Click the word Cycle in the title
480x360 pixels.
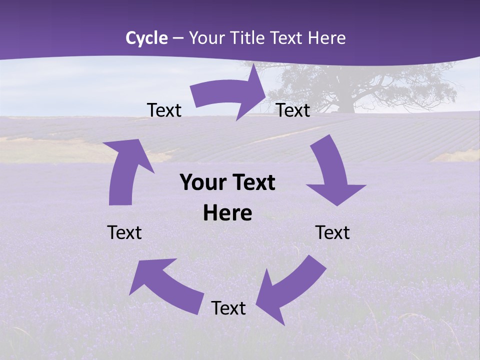click(146, 38)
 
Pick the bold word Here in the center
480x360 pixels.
click(227, 213)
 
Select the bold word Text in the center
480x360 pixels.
click(253, 183)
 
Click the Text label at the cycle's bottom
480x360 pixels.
click(228, 308)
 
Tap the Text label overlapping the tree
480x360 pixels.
click(293, 110)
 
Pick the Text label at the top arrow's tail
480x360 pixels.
click(164, 110)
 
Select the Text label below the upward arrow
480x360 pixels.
click(124, 232)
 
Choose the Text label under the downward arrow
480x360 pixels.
click(332, 232)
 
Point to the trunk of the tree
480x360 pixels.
click(345, 102)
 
